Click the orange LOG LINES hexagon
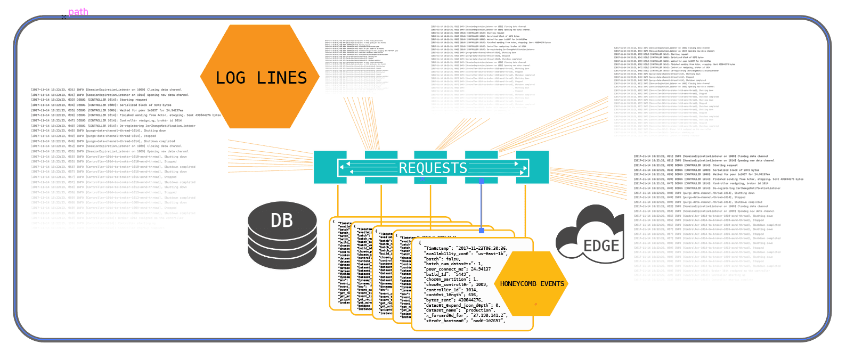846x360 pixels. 260,77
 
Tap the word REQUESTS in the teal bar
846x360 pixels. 433,168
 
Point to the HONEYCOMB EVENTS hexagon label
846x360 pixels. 532,284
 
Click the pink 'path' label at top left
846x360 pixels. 78,12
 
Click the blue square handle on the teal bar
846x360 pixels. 482,181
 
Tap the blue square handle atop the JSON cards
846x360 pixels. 482,231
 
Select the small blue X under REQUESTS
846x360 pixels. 423,179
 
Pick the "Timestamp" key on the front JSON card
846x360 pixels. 438,249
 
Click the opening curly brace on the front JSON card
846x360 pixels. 420,243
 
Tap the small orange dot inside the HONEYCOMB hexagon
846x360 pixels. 535,304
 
